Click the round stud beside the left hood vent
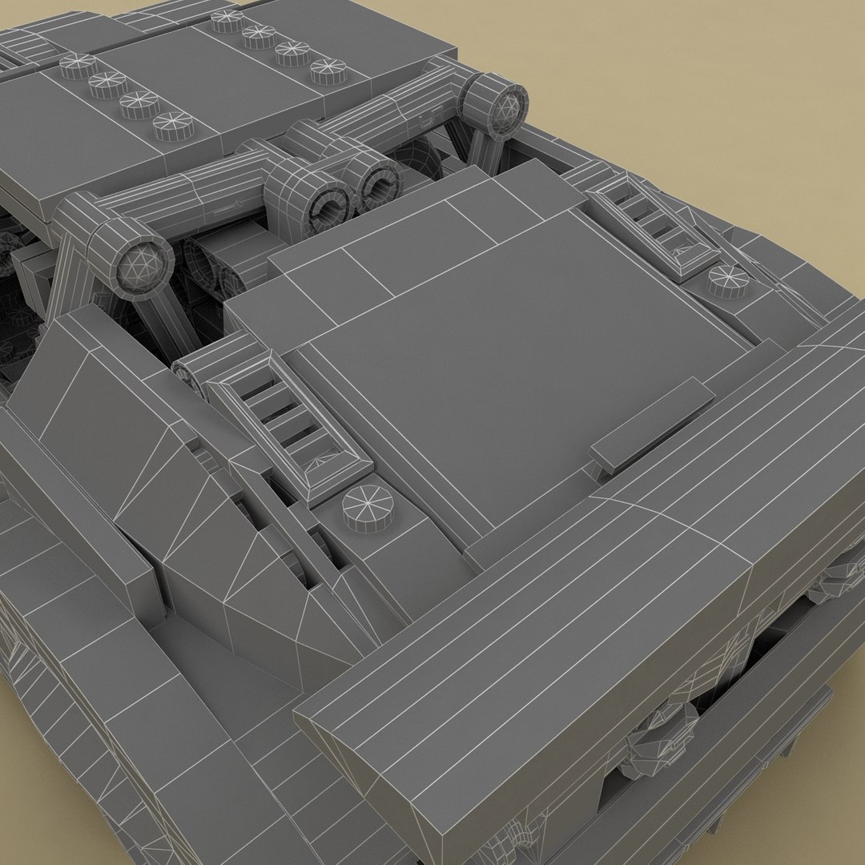pos(368,507)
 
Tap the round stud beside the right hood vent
pos(728,278)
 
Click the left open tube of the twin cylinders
pos(326,200)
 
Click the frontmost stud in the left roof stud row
pos(173,125)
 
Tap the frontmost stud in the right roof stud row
pos(328,70)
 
